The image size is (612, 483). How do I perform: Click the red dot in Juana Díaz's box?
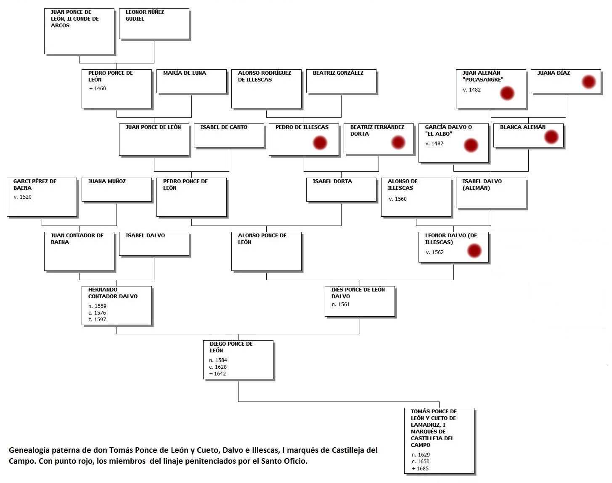click(x=588, y=82)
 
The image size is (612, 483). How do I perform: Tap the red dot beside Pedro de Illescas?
click(x=320, y=143)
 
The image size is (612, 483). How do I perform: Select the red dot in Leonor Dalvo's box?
click(x=474, y=251)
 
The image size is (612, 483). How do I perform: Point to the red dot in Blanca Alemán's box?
click(x=551, y=137)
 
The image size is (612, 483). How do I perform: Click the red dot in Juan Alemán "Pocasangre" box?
click(x=507, y=93)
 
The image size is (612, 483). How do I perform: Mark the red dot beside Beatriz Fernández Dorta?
click(x=398, y=142)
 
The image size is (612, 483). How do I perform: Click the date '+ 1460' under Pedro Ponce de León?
click(x=97, y=89)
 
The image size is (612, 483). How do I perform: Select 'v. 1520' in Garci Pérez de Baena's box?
click(x=22, y=197)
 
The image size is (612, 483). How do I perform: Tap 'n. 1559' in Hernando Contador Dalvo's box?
click(x=97, y=306)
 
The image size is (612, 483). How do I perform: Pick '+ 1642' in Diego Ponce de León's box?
click(x=217, y=374)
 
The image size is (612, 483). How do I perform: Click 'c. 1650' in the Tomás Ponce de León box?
click(x=421, y=462)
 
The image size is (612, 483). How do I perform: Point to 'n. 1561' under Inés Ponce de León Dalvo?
click(x=341, y=304)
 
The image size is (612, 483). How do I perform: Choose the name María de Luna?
click(x=185, y=73)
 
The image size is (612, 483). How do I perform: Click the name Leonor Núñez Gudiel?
click(x=145, y=16)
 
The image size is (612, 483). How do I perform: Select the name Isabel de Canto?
click(x=224, y=127)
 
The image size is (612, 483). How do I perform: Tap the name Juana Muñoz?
click(x=107, y=181)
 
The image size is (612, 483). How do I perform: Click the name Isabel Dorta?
click(x=332, y=181)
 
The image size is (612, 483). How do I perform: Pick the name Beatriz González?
click(x=338, y=73)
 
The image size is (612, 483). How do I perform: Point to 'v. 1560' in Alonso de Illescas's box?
click(x=397, y=199)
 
